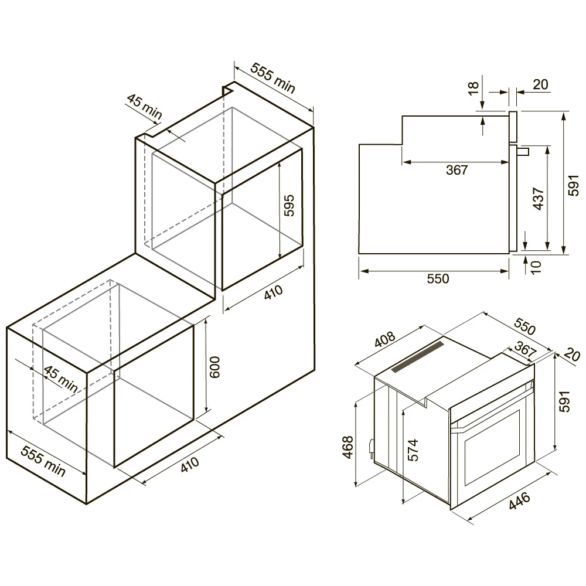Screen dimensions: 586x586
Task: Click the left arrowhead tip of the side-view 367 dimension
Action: point(403,162)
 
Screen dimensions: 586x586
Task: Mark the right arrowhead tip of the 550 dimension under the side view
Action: point(509,271)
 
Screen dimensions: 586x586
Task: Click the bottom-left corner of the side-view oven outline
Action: point(359,253)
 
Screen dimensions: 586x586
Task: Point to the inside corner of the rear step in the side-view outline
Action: point(402,144)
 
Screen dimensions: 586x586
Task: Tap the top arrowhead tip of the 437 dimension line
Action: point(547,146)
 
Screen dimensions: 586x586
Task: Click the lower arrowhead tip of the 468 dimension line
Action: point(356,486)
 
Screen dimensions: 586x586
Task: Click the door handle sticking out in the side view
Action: point(523,151)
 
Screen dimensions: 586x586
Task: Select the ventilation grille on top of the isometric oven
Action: point(417,356)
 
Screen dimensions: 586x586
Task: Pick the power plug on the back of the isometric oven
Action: point(371,447)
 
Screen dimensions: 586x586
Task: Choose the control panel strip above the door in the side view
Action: point(513,127)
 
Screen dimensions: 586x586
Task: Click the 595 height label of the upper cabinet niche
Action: point(289,206)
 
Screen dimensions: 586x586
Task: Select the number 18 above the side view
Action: point(473,88)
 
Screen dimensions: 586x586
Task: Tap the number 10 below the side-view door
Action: point(536,267)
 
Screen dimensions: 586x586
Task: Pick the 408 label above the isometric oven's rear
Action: point(384,339)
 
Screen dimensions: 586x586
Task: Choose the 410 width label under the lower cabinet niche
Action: point(190,465)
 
